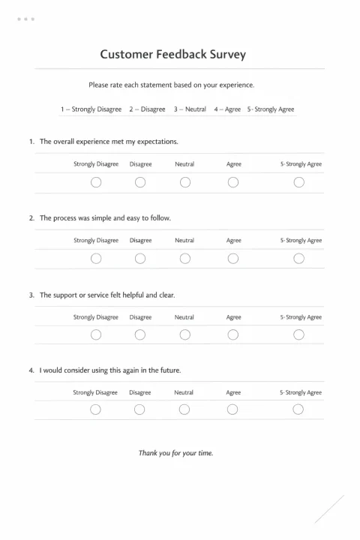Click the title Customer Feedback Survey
pos(172,55)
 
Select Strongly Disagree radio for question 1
pos(96,182)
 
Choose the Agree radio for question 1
pos(233,182)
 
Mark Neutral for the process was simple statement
pos(184,259)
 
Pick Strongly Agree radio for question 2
pos(299,259)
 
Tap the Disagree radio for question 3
pos(140,334)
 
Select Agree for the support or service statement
pos(233,334)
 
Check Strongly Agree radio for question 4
pos(298,409)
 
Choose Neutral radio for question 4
pos(184,409)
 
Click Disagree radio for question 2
pos(140,259)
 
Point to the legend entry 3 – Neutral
pos(190,109)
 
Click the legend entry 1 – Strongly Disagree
pos(91,109)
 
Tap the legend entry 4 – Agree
pos(227,109)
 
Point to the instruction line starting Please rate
pos(172,85)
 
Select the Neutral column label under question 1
pos(184,164)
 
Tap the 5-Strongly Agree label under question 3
pos(301,317)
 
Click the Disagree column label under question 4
pos(140,392)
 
